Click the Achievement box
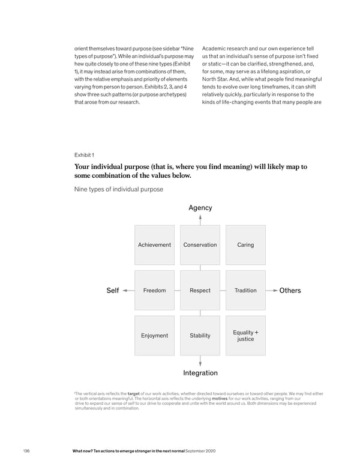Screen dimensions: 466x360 tap(154, 245)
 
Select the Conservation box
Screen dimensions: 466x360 tap(200, 245)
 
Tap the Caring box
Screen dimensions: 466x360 tap(245, 245)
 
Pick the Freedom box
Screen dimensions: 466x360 tap(154, 291)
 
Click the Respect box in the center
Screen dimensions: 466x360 tap(200, 291)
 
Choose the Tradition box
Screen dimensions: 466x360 tap(245, 291)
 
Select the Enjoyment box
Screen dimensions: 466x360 tap(154, 336)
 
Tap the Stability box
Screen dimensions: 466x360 tap(200, 336)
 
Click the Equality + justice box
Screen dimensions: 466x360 tap(245, 336)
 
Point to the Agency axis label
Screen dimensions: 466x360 tap(200, 208)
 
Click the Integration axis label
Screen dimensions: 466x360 tap(200, 373)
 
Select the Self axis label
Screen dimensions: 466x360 tap(112, 291)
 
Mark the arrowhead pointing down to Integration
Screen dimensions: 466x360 tap(200, 363)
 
